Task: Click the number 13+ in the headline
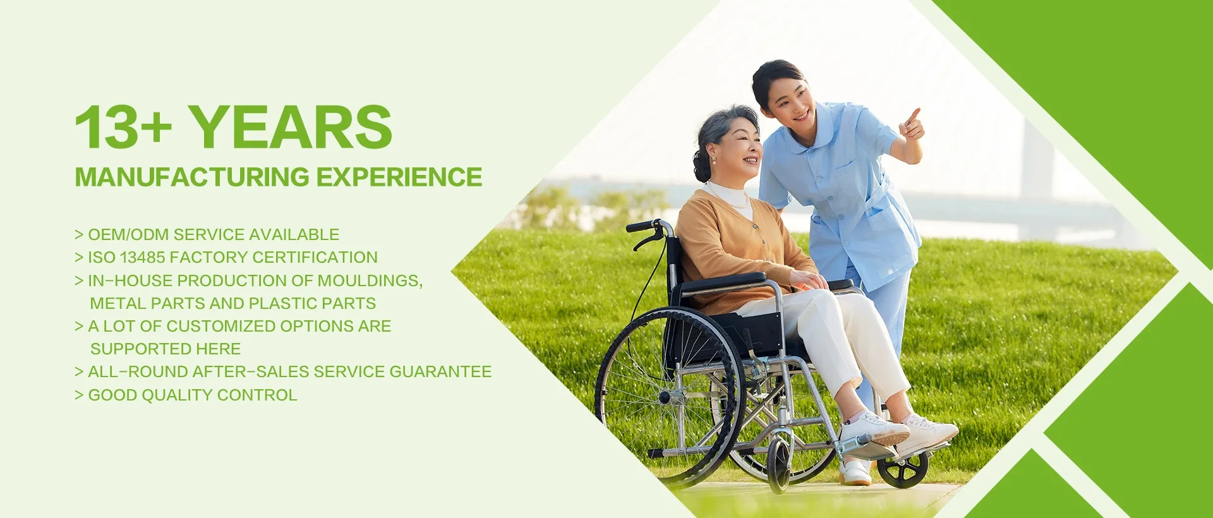[123, 127]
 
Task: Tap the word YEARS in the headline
[291, 127]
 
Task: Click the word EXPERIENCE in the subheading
[399, 178]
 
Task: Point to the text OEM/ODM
[128, 234]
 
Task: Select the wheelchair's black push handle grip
[642, 226]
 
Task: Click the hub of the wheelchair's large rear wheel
[665, 397]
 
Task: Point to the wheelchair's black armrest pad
[724, 282]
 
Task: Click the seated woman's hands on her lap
[809, 279]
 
